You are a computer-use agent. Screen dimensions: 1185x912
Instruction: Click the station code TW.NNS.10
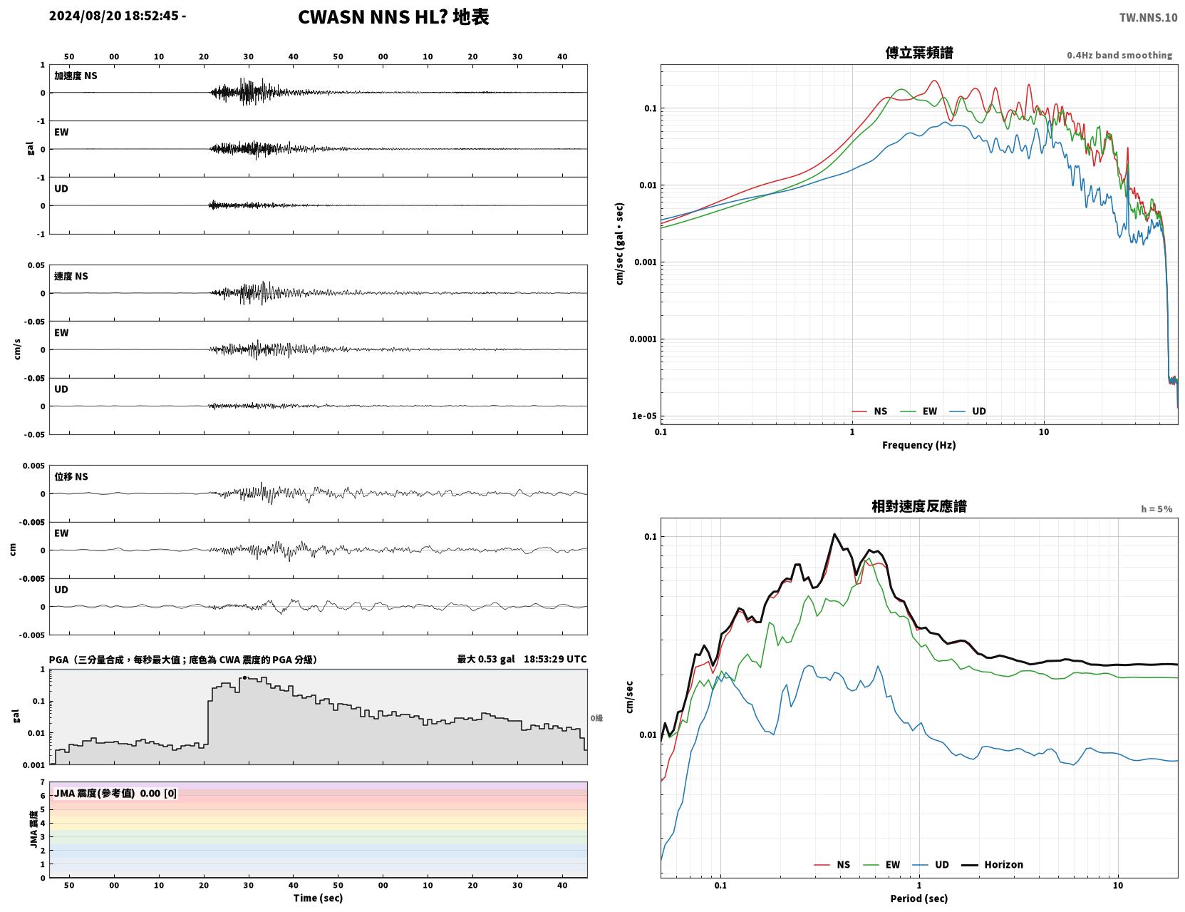(x=1148, y=17)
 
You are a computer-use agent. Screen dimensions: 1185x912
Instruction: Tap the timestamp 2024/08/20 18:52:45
(x=114, y=16)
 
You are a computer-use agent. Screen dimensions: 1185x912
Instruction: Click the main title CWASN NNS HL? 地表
(x=393, y=17)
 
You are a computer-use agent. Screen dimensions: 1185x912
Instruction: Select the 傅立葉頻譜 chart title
(x=919, y=53)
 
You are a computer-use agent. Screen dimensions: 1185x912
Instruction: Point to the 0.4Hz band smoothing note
(x=1119, y=55)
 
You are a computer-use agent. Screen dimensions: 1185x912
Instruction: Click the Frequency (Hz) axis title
(x=919, y=445)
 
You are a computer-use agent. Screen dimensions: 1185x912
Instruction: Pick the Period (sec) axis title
(x=919, y=898)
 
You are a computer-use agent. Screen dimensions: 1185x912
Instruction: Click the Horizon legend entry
(x=992, y=864)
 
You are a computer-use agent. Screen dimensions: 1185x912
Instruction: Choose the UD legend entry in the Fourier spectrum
(x=968, y=411)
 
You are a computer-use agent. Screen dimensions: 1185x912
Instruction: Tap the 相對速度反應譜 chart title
(x=919, y=506)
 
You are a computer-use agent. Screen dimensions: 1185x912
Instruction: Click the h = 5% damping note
(x=1156, y=509)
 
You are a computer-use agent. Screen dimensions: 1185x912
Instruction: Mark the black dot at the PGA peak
(x=244, y=678)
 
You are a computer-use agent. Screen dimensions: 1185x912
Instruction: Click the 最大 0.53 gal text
(x=485, y=659)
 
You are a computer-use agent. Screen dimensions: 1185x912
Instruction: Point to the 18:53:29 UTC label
(x=555, y=659)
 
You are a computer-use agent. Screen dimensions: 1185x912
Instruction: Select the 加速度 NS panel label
(x=76, y=76)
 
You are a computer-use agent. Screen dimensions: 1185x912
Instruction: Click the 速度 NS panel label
(x=71, y=277)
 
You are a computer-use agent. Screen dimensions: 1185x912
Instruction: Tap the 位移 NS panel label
(x=71, y=477)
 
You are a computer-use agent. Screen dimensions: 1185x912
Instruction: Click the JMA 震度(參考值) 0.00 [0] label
(x=115, y=793)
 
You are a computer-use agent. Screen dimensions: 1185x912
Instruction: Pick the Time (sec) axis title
(x=318, y=898)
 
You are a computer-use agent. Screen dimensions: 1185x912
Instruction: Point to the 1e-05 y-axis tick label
(x=644, y=416)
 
